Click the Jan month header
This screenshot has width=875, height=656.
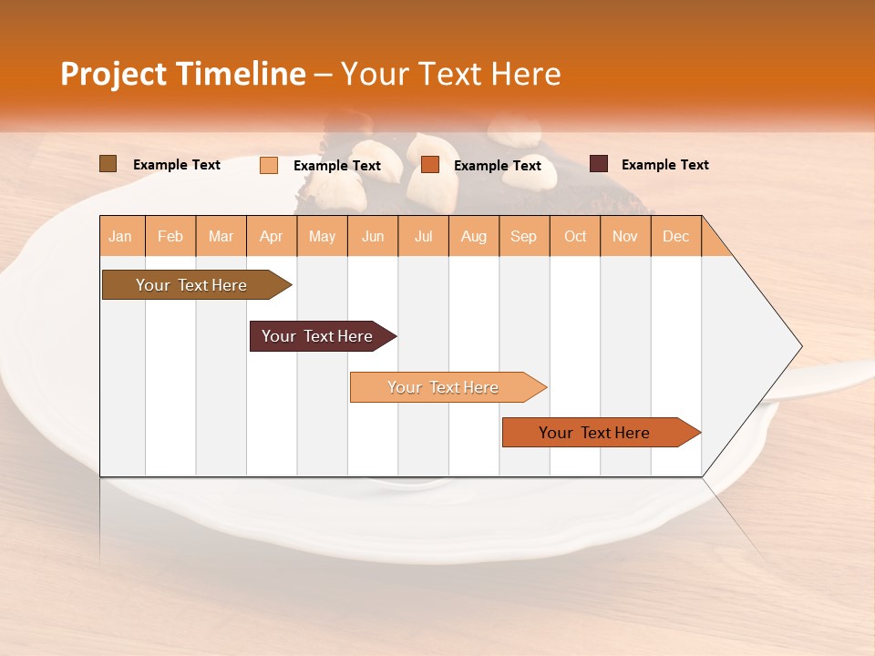pyautogui.click(x=121, y=237)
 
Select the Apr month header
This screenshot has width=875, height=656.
pyautogui.click(x=272, y=237)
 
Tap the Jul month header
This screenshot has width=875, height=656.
pyautogui.click(x=423, y=237)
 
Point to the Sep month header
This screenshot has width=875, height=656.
pyautogui.click(x=523, y=237)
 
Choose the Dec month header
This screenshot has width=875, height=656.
pyautogui.click(x=675, y=237)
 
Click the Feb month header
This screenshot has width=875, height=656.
pyautogui.click(x=170, y=237)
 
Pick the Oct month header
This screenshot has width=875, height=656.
pyautogui.click(x=575, y=237)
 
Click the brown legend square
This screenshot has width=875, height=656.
pyautogui.click(x=108, y=164)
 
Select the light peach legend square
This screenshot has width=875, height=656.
pyautogui.click(x=269, y=165)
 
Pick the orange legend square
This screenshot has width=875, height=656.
pyautogui.click(x=430, y=165)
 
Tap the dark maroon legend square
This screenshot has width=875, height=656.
pyautogui.click(x=598, y=164)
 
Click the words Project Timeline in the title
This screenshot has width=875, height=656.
pyautogui.click(x=182, y=74)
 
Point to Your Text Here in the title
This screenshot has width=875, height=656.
pyautogui.click(x=450, y=74)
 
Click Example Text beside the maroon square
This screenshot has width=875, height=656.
pyautogui.click(x=664, y=165)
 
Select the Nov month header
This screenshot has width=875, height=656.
pyautogui.click(x=625, y=237)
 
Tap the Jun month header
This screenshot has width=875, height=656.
pyautogui.click(x=373, y=237)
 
